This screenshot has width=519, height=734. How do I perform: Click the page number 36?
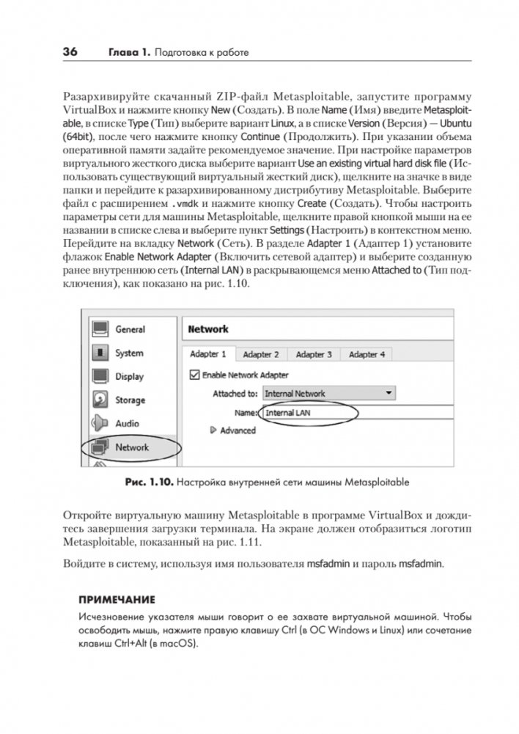(70, 51)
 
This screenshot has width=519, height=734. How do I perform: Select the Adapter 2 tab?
(261, 354)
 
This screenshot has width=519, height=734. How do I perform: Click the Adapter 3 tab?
(314, 354)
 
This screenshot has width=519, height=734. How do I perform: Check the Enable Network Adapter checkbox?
(195, 375)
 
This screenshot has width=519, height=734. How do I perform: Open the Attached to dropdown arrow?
(388, 393)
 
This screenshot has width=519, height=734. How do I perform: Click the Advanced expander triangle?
(214, 430)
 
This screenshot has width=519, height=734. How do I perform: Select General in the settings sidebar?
(130, 329)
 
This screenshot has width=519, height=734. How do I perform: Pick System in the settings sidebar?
(129, 353)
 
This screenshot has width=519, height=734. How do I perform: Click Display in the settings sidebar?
(129, 376)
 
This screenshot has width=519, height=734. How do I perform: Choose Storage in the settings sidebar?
(130, 400)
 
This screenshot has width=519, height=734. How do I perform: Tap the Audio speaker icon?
(100, 423)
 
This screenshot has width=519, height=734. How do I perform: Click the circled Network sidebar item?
(131, 447)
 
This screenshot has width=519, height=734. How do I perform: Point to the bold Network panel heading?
(209, 329)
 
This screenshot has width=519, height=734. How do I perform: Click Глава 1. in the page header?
(130, 52)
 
